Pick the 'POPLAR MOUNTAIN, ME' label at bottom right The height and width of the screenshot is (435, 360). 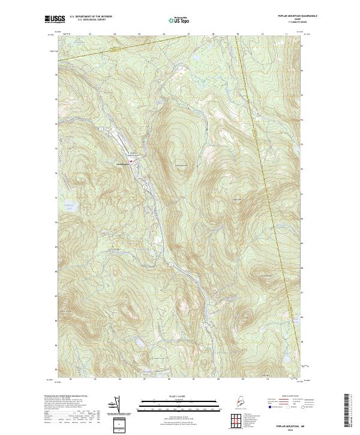click(287, 423)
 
